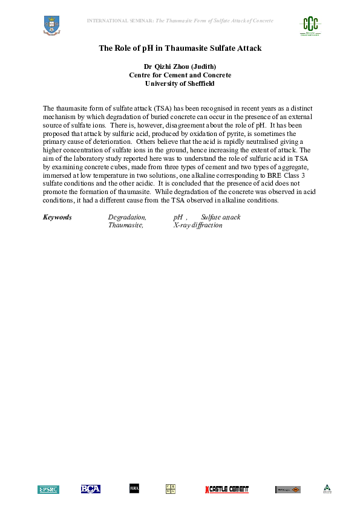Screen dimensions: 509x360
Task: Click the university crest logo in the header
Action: pos(52,25)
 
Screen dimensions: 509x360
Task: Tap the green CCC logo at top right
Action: pos(311,25)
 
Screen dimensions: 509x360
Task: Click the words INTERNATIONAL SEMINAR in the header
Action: pos(120,21)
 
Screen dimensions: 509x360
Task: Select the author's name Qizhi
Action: pos(164,66)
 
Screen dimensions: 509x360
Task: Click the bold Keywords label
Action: pos(57,217)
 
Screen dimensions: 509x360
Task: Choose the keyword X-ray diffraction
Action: pos(198,225)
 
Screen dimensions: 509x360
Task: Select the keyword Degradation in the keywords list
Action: pos(127,217)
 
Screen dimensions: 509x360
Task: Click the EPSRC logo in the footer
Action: pos(48,489)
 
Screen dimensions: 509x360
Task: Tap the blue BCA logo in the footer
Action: pos(91,489)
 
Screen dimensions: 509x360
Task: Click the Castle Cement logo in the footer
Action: pos(227,489)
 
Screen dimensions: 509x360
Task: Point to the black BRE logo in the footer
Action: pos(134,488)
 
